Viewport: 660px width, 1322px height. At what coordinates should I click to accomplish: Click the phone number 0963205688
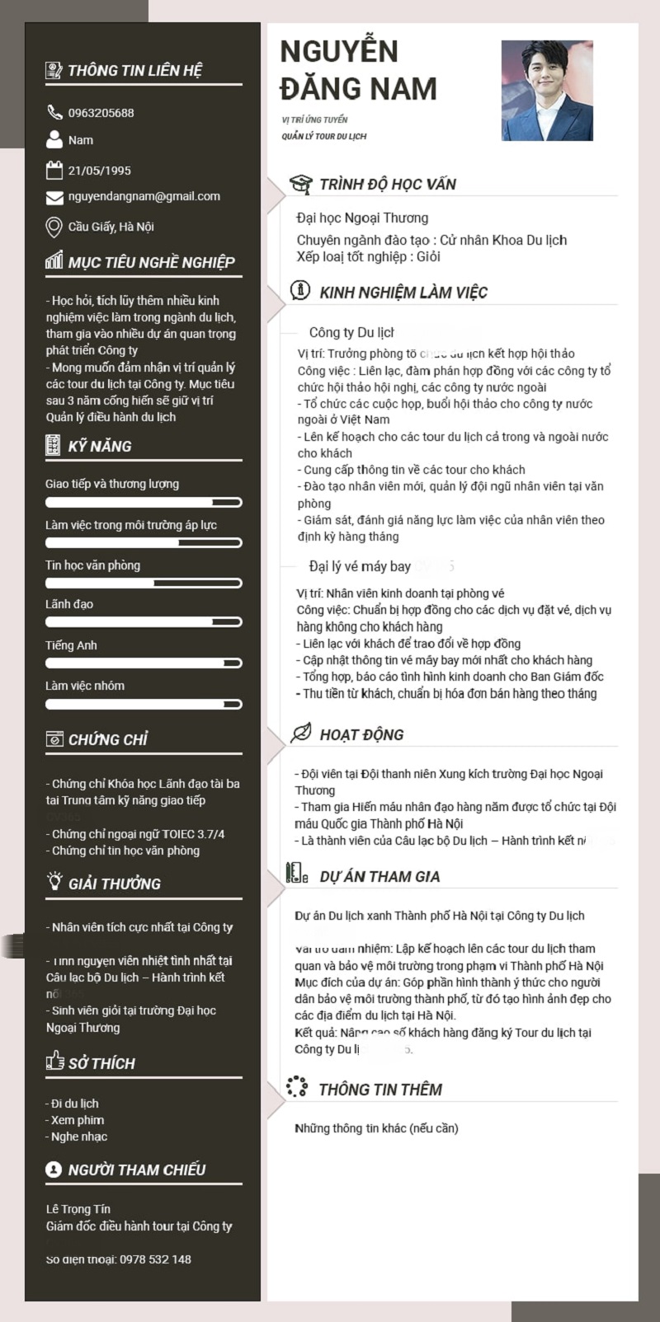tap(101, 113)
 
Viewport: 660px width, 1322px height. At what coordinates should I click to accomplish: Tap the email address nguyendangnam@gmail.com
tap(144, 197)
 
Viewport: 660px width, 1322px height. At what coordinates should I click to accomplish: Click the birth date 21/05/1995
tap(99, 171)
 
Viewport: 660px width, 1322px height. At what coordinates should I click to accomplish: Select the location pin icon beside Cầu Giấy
tap(54, 227)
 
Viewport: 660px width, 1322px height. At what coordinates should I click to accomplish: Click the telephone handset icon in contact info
tap(54, 112)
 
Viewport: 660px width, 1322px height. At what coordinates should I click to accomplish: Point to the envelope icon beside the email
tap(54, 198)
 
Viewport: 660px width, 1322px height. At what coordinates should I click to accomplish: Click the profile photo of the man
tap(547, 91)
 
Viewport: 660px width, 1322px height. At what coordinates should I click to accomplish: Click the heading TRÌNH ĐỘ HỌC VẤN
tap(387, 185)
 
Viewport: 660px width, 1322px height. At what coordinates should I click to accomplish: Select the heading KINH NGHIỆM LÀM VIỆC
tap(403, 293)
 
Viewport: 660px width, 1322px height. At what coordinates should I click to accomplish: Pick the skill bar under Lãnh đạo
tap(144, 622)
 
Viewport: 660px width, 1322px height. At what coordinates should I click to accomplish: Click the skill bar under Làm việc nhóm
tap(144, 705)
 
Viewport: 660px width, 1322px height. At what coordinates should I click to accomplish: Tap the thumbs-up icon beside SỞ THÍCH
tap(54, 1061)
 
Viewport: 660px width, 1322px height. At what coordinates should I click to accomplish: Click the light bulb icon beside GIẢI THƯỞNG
tap(54, 883)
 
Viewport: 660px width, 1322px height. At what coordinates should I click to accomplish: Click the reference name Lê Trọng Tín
tap(78, 1209)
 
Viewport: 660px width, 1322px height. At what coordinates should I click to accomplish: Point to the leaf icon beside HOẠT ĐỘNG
tap(301, 733)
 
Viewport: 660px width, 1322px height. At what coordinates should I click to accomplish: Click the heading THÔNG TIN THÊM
tap(379, 1090)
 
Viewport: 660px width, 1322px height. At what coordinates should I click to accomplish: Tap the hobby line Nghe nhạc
tap(79, 1137)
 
